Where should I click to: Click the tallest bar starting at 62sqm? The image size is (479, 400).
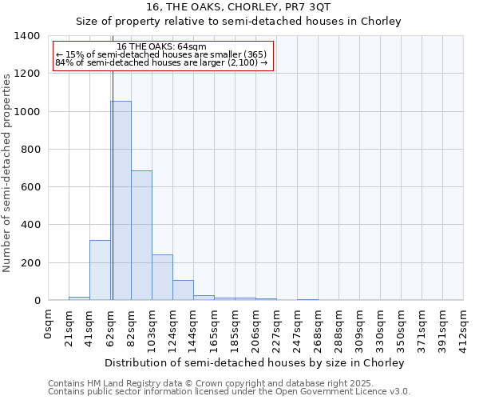click(x=121, y=200)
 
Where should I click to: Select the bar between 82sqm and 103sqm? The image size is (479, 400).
click(x=141, y=235)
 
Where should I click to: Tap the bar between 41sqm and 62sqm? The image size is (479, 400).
click(x=100, y=270)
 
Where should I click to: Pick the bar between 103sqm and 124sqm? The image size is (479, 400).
click(x=162, y=278)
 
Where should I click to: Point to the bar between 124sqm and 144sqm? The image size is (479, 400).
click(x=183, y=290)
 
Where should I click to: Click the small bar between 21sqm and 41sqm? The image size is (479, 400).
click(x=79, y=298)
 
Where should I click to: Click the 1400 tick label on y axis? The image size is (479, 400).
click(x=28, y=36)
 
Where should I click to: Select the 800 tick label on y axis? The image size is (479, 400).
click(x=31, y=150)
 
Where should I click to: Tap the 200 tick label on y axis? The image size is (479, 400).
click(x=31, y=262)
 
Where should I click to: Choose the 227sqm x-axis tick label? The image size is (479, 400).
click(x=277, y=327)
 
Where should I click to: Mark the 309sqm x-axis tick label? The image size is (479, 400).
click(x=360, y=327)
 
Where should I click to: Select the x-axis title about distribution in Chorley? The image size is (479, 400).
click(x=255, y=362)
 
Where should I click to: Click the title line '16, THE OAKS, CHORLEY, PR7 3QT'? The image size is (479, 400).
click(x=239, y=7)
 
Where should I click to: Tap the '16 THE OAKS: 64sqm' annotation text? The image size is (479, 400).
click(x=162, y=47)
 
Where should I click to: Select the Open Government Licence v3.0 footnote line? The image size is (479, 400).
click(x=229, y=392)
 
